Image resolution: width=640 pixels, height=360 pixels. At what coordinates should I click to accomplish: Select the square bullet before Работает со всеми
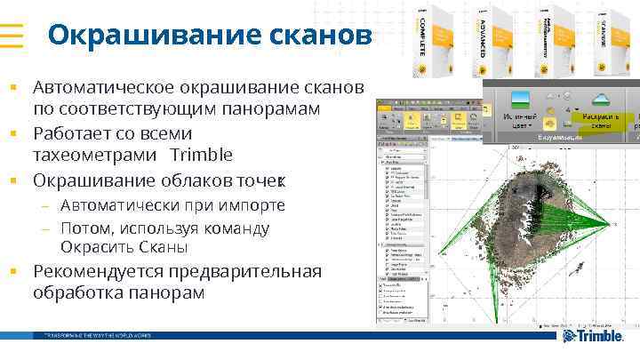(x=14, y=133)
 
